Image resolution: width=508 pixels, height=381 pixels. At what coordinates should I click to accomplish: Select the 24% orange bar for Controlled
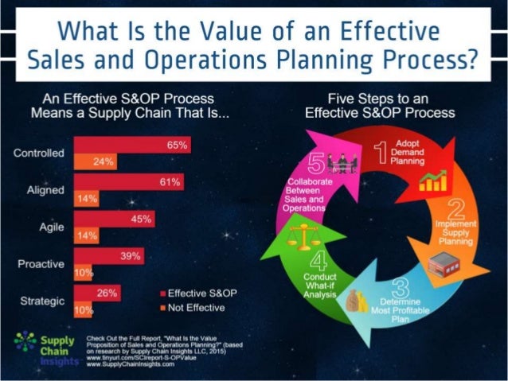pos(96,161)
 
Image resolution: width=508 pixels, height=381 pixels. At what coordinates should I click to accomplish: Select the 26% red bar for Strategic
pos(97,294)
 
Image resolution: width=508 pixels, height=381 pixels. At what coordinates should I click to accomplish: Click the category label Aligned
pos(45,189)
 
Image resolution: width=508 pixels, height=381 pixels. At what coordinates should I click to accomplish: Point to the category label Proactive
pos(41,263)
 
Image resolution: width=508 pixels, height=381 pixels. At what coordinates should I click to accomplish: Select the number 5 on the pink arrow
pos(317,165)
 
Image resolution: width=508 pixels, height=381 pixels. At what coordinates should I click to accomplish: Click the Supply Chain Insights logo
pos(37,347)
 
